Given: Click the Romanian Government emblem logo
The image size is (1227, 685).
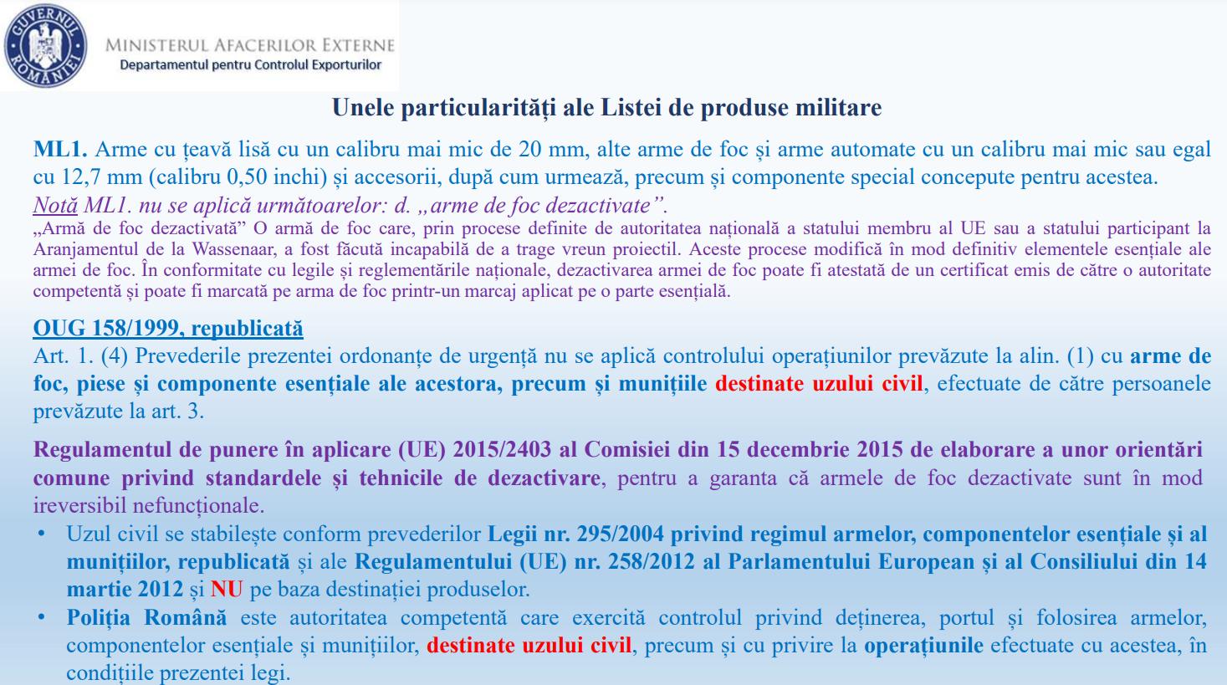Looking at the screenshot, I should [45, 43].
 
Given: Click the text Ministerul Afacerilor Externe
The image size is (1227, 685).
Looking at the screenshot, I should [250, 44].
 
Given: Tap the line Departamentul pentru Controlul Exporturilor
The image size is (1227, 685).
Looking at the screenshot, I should [250, 64].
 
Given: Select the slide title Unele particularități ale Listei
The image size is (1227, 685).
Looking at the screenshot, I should [606, 108].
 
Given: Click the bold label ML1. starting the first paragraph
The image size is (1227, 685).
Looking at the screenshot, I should [60, 150].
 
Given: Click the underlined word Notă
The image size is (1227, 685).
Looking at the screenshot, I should [55, 205].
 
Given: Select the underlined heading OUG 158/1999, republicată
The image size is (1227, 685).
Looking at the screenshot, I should [168, 328].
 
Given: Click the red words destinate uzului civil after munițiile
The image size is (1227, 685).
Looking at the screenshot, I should [820, 384].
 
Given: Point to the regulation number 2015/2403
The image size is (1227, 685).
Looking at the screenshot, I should [502, 449].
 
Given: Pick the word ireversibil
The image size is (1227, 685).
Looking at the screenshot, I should [75, 505].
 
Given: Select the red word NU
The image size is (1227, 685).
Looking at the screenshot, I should [227, 589].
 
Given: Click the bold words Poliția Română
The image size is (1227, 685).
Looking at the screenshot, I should [146, 618].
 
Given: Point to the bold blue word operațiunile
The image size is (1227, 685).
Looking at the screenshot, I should [923, 646].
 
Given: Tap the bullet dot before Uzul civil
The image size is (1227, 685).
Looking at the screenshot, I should [41, 533].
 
